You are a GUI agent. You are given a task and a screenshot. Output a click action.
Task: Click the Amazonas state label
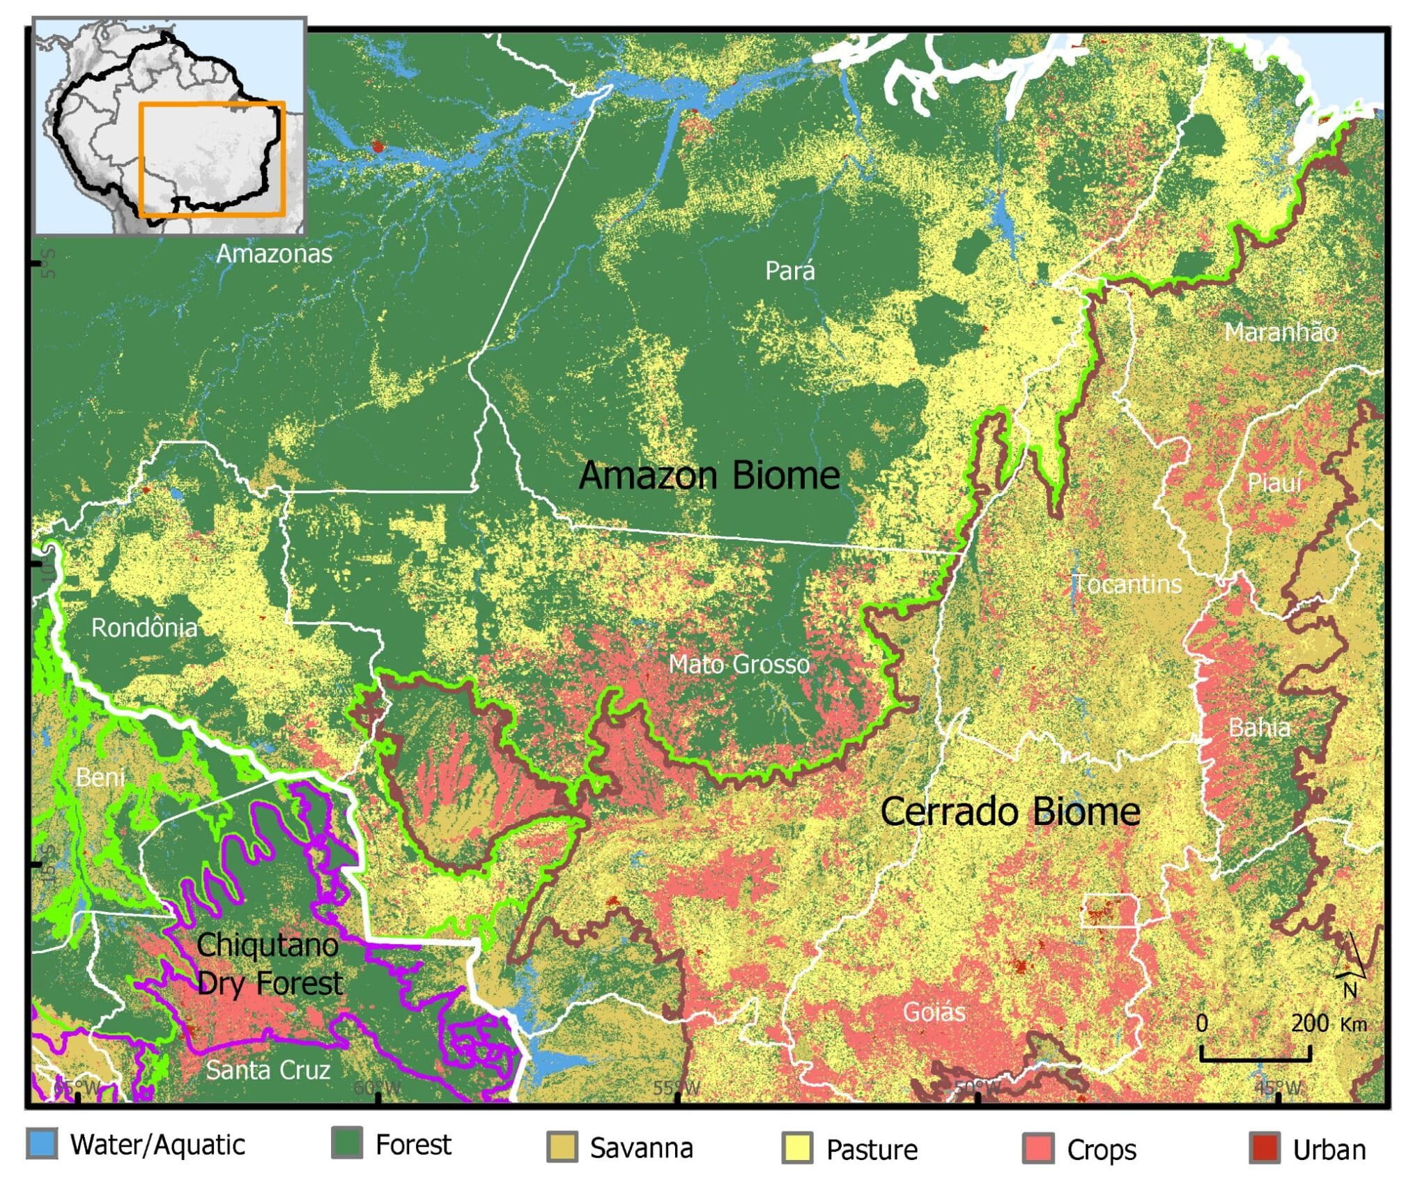tap(274, 254)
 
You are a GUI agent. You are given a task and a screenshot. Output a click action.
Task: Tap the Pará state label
tap(789, 270)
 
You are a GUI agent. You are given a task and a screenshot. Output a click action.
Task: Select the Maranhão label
tap(1280, 332)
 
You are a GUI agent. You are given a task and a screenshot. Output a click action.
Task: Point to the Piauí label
tap(1274, 482)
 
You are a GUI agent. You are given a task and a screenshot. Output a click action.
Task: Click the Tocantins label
tap(1126, 583)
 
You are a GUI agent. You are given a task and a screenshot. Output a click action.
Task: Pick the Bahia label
tap(1258, 727)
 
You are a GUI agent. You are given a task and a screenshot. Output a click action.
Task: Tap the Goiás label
tap(934, 1011)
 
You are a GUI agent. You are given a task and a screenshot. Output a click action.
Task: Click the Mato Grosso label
tap(739, 664)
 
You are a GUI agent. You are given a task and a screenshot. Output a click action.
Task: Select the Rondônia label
tap(144, 628)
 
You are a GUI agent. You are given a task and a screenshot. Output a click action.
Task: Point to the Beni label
tap(100, 776)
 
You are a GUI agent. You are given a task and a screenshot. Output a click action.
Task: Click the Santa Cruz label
tap(268, 1069)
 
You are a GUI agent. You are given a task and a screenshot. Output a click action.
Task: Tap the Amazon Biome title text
tap(709, 475)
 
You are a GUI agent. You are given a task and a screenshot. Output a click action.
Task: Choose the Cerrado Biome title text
tap(1010, 812)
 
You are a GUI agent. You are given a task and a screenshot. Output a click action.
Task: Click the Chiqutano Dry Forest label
tap(269, 964)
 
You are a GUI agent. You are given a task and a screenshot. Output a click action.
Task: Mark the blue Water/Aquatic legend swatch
tap(42, 1145)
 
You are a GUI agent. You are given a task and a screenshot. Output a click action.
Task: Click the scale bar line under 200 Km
tap(1255, 1060)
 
